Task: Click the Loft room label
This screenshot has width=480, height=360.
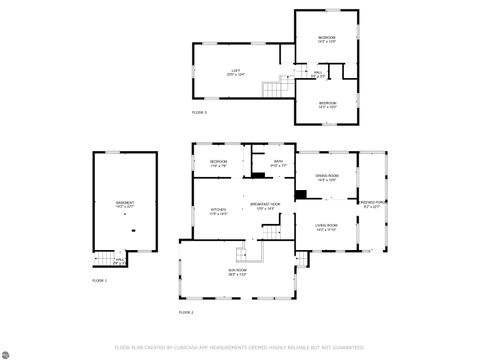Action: pos(235,70)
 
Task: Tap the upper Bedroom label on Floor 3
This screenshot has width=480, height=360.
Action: pos(326,38)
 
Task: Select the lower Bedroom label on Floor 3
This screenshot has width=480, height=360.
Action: pos(327,103)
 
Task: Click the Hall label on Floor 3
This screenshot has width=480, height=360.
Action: pos(318,73)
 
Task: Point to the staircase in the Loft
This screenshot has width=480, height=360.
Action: pos(273,91)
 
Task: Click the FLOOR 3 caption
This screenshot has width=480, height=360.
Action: pos(199,113)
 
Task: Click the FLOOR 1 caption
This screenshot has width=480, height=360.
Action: pos(99,281)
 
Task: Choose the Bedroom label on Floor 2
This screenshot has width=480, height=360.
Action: pos(218,162)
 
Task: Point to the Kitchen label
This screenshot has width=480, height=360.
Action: pos(218,210)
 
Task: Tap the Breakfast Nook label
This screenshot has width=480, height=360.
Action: pos(267,206)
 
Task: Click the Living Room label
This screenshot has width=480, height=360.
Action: pos(326,226)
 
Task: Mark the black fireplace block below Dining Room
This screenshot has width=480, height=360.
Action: pos(300,193)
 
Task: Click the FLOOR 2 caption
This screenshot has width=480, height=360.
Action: pos(186,313)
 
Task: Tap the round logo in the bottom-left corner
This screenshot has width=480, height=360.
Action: pos(9,351)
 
